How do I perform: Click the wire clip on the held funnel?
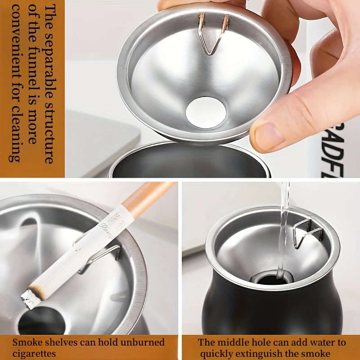(x=213, y=34)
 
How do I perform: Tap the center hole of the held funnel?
(x=205, y=111)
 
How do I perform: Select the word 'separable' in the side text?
(x=49, y=56)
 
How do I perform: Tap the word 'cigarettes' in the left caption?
(x=34, y=353)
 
